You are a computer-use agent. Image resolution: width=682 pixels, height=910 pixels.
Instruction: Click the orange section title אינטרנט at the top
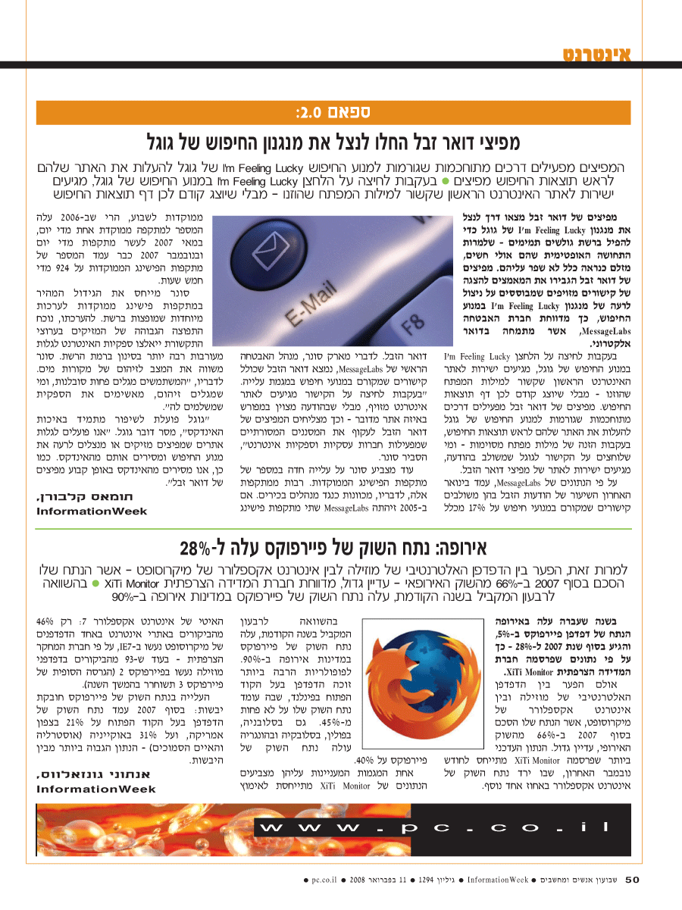pyautogui.click(x=597, y=54)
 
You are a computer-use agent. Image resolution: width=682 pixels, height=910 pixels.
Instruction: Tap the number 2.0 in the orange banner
pyautogui.click(x=311, y=114)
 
